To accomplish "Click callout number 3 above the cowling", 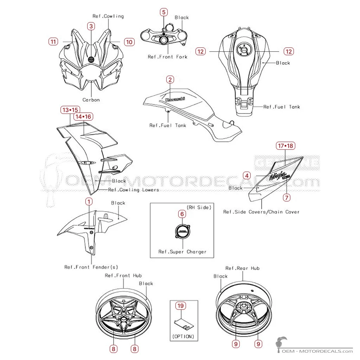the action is pos(91,26).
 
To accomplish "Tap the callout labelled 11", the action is pos(53,41).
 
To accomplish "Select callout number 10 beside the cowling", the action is pos(129,42).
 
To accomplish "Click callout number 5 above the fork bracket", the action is pos(164,12).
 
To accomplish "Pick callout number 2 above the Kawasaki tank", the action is pos(170,80).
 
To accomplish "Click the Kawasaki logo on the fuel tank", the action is pos(175,99).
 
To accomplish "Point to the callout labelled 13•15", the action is pos(70,110).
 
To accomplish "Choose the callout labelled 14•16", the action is pos(83,117).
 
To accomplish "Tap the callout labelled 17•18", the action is pos(285,146).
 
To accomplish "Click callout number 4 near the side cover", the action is pos(247,176).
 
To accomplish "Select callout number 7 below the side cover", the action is pos(287,198).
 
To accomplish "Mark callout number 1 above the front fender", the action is pos(89,201).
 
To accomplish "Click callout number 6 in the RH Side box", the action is pos(182,214).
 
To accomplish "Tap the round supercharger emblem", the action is pos(183,231).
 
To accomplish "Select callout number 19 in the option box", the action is pos(181,306).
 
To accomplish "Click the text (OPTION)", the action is pos(183,336).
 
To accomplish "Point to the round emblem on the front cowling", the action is pos(91,59).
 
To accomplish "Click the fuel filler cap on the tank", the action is pos(244,49).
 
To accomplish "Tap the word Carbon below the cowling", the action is pos(91,100).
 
